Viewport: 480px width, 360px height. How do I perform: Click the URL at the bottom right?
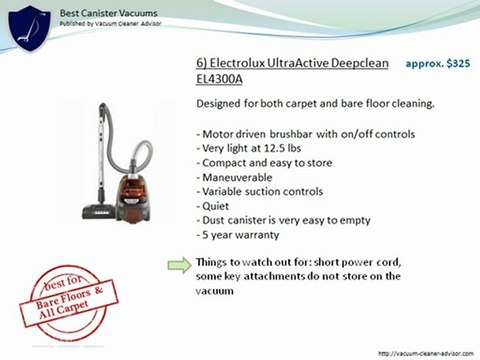click(x=423, y=352)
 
